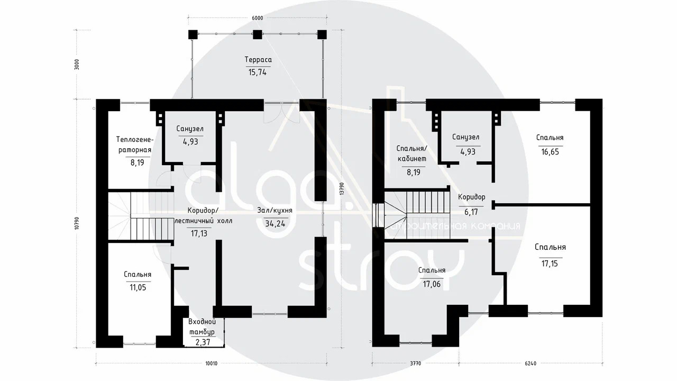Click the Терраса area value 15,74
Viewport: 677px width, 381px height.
tap(258, 72)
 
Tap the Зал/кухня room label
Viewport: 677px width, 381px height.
tap(275, 211)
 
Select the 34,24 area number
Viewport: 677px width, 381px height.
tap(276, 224)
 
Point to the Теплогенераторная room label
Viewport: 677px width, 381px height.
tap(135, 145)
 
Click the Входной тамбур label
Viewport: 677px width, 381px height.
tap(202, 326)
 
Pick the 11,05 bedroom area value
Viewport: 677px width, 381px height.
tap(138, 287)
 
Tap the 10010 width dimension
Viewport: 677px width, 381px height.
tap(211, 364)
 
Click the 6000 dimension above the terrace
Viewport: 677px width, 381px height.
tap(258, 18)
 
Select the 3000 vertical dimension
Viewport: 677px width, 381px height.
tap(77, 65)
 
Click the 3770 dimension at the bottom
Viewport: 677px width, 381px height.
tap(415, 364)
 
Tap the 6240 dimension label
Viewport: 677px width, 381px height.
tap(530, 364)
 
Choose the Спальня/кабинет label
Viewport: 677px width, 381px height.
tap(411, 153)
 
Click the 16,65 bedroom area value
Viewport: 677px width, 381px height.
tap(550, 152)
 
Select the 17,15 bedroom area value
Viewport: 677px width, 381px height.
tap(550, 264)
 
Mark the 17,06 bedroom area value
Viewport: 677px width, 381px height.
tap(432, 284)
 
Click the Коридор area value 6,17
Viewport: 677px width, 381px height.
tap(471, 212)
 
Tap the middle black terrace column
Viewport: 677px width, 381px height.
tap(257, 35)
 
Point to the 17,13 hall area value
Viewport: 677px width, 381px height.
tap(199, 233)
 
